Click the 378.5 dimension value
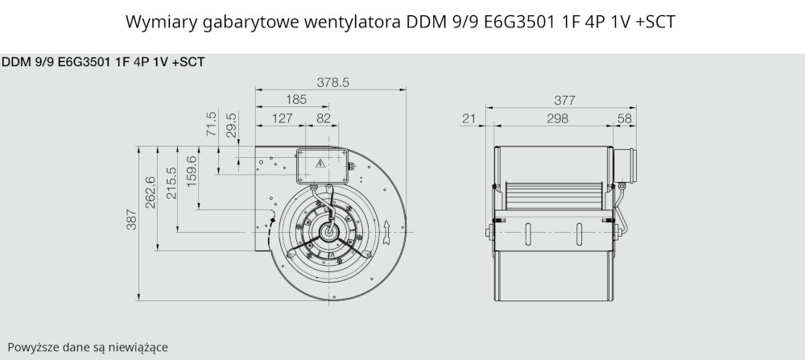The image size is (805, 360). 333,83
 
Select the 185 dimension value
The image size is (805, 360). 296,100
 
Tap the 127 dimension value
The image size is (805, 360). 282,118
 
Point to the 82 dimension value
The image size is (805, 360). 324,118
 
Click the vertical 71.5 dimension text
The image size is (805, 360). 211,124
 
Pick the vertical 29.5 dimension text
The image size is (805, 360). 232,126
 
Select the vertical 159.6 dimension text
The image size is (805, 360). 192,172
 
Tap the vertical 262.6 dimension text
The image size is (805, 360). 151,192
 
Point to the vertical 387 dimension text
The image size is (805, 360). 131,220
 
